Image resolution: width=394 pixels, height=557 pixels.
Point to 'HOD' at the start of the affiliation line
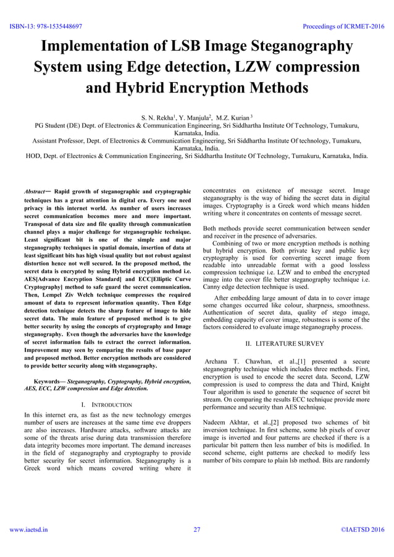[33, 156]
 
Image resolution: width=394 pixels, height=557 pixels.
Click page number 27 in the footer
[197, 529]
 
